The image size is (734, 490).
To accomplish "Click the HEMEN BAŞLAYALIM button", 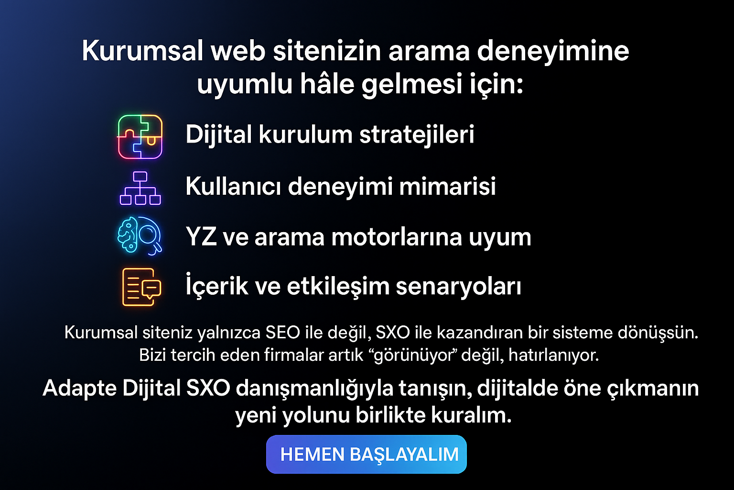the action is pos(367,454).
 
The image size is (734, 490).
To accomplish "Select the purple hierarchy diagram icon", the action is pos(140,189).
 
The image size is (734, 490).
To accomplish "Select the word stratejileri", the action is pos(417,134).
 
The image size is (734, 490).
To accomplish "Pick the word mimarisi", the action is pos(448,187).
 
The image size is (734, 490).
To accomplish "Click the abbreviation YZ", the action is pos(201,237).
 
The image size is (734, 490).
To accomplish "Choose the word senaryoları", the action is pos(458,287).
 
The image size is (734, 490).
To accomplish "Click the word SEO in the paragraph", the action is pos(283,333).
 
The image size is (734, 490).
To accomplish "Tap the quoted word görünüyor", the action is pos(415,356).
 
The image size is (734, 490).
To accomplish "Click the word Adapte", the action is pos(80,389).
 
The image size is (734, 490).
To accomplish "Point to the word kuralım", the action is pos(471,415).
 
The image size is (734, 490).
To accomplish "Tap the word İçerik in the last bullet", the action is pos(216,285).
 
